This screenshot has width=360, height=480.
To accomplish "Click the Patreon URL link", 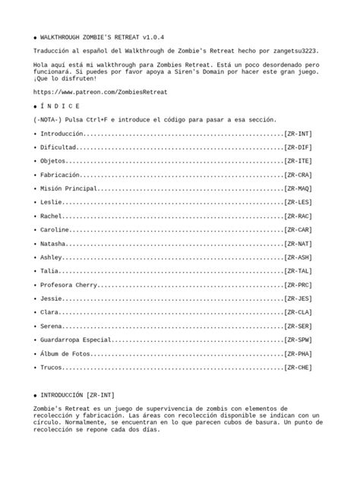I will pos(100,91).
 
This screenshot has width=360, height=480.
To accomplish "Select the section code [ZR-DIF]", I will pos(298,147).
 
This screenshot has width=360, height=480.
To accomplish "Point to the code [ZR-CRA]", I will pos(298,175).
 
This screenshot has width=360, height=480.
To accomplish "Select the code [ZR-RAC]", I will pos(298,216).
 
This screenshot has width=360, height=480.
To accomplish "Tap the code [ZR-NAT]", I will pos(298,244).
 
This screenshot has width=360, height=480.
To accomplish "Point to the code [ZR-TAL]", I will pos(298,271).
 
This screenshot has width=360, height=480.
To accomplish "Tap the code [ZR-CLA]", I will pos(298,312).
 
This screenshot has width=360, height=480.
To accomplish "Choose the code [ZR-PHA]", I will pos(298,353).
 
